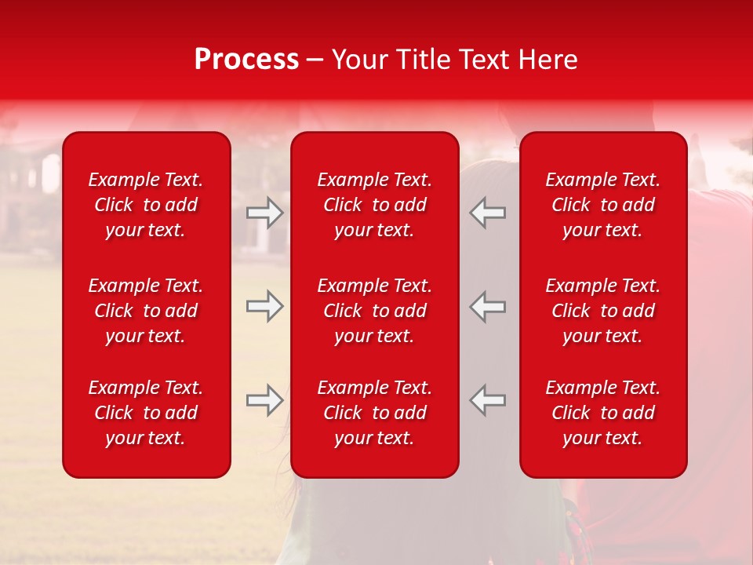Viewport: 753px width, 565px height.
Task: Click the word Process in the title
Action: pos(246,60)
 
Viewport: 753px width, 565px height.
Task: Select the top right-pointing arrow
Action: pos(264,213)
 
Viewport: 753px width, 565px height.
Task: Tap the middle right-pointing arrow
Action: pos(264,306)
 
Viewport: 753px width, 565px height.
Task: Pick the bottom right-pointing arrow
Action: pos(264,400)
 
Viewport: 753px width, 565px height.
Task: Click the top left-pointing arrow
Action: pos(488,213)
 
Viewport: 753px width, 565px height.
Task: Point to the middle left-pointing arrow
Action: pos(488,306)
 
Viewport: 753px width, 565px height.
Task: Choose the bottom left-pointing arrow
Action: pos(488,400)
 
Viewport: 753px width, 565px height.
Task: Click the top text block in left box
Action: pos(146,205)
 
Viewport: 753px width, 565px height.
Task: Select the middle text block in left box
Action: pos(146,311)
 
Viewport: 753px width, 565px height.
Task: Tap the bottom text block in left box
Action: pos(146,413)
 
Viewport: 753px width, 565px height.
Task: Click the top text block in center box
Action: pos(374,205)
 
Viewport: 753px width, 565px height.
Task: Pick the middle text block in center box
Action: pos(374,311)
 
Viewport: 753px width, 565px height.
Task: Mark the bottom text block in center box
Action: pos(374,413)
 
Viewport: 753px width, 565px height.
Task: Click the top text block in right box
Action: pos(602,205)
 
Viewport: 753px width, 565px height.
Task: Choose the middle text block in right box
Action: pos(602,311)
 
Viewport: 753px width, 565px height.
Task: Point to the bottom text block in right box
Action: pos(602,413)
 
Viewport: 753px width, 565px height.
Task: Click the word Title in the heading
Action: pos(424,60)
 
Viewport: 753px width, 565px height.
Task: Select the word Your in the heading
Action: pos(359,60)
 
